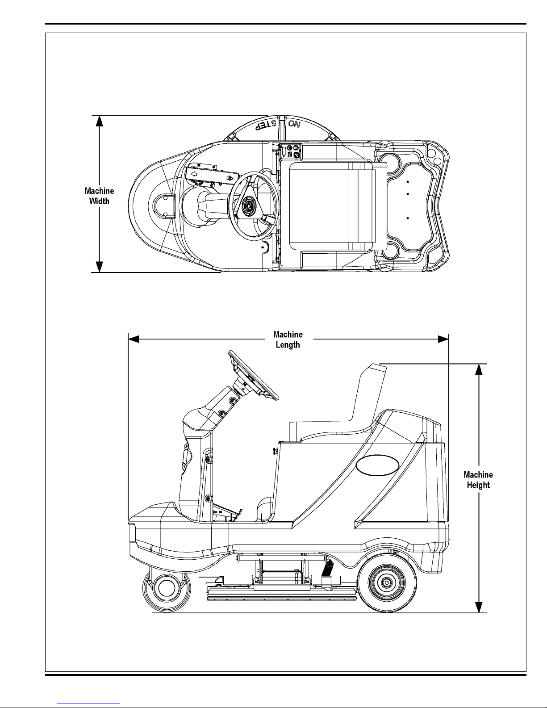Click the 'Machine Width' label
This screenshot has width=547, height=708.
point(99,196)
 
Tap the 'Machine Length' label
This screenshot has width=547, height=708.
point(288,339)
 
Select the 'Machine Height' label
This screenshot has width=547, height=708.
point(478,480)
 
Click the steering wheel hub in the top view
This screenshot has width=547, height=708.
point(249,205)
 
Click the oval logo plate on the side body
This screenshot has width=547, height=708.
point(377,465)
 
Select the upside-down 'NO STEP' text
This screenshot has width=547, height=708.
point(277,125)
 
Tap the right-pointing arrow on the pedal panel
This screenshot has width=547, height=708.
point(230,178)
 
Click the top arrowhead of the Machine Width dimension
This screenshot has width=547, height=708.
point(99,121)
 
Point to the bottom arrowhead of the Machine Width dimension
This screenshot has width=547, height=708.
point(99,267)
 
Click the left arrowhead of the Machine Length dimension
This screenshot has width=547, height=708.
point(134,339)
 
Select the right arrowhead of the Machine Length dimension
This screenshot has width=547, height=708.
point(443,339)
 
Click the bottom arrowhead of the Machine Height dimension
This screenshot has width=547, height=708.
point(479,607)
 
